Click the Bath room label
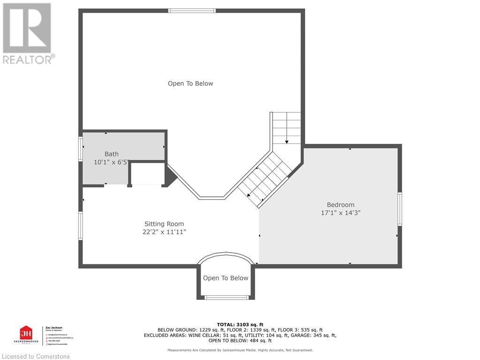pyautogui.click(x=112, y=154)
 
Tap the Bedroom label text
pyautogui.click(x=340, y=204)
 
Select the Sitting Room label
pyautogui.click(x=164, y=224)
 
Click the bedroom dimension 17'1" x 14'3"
pyautogui.click(x=340, y=212)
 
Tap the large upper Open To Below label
pyautogui.click(x=190, y=83)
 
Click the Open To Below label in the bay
pyautogui.click(x=225, y=278)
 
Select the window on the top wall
pyautogui.click(x=192, y=11)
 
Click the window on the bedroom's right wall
pyautogui.click(x=399, y=209)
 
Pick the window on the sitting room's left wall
pyautogui.click(x=81, y=226)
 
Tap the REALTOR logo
pyautogui.click(x=28, y=33)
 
